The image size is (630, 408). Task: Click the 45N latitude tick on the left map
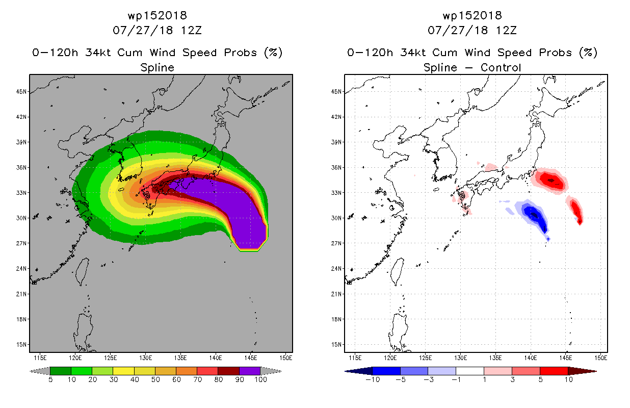click(21, 92)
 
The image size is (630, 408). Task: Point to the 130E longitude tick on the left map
click(145, 358)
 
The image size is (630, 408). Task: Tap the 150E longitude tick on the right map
click(601, 358)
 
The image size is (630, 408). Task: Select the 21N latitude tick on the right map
click(336, 294)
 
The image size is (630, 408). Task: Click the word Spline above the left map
click(157, 68)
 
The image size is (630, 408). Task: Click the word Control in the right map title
click(501, 68)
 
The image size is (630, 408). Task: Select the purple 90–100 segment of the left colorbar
click(250, 371)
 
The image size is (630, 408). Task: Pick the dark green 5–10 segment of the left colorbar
click(61, 371)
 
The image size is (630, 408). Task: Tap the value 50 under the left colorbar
click(155, 379)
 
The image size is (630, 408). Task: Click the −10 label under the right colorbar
click(373, 379)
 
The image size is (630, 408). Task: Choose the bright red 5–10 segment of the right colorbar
click(554, 371)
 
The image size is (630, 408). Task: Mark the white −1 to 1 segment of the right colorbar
click(470, 371)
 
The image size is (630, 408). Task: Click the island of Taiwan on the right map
click(397, 271)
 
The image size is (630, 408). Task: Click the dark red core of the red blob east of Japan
click(551, 181)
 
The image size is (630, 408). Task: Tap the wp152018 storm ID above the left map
click(157, 16)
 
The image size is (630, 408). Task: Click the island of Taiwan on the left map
click(82, 271)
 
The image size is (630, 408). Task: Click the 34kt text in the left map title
click(98, 53)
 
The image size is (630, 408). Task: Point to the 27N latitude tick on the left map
click(21, 243)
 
